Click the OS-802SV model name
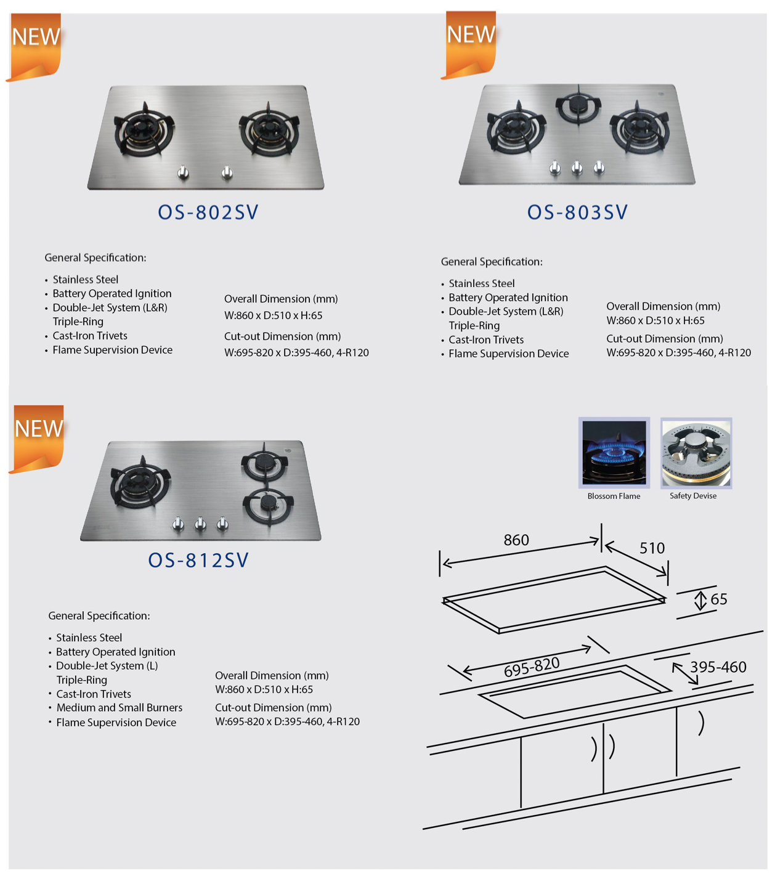208,212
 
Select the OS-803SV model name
577,212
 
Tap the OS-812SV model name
198,560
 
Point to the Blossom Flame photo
614,453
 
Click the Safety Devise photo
696,453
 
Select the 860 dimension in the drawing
516,540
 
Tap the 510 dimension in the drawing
652,548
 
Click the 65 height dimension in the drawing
718,599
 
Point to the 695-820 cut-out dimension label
532,667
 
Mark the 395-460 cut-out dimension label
718,667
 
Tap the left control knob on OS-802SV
183,173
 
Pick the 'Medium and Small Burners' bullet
119,708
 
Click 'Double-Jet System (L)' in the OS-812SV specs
107,666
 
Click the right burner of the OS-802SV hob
270,129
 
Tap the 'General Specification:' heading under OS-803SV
492,262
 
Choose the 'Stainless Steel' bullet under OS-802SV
85,280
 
